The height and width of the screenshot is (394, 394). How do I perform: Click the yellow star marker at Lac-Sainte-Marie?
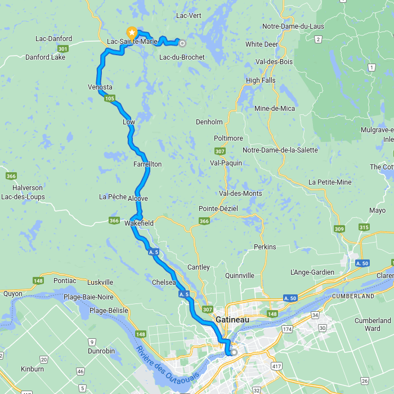[x=132, y=33]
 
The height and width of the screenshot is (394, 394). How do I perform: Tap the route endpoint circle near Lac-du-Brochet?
[x=182, y=42]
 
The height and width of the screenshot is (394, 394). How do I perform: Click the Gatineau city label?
[x=232, y=319]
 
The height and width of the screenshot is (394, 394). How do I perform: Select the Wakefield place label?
[x=139, y=223]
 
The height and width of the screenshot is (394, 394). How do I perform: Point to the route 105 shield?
[x=110, y=99]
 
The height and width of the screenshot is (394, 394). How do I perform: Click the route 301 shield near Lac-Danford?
[x=62, y=50]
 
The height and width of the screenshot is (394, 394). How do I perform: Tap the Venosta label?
[x=100, y=87]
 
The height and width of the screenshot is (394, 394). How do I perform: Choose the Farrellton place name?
[x=147, y=164]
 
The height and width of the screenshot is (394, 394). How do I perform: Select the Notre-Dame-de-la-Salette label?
[x=280, y=150]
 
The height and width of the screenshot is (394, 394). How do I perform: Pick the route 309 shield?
[x=339, y=229]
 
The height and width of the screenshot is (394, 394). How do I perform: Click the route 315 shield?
[x=364, y=227]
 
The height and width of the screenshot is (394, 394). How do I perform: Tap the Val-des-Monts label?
[x=240, y=194]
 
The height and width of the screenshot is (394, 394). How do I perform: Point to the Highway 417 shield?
[x=276, y=366]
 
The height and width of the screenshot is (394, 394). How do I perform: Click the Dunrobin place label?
[x=101, y=351]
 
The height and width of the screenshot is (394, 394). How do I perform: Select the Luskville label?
[x=101, y=282]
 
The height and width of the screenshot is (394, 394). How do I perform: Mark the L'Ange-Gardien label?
[x=312, y=272]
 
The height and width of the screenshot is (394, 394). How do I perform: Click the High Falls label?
[x=261, y=80]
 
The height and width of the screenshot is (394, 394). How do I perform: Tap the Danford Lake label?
[x=46, y=57]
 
